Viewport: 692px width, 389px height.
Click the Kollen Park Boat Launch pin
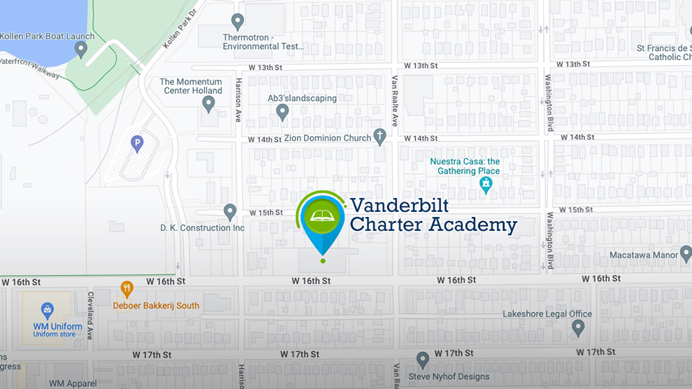click(81, 50)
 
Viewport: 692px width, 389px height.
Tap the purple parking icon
click(138, 144)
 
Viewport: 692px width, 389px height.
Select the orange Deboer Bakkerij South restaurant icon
click(127, 288)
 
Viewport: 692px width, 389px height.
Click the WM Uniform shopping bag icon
click(47, 309)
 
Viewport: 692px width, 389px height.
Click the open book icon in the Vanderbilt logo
click(322, 215)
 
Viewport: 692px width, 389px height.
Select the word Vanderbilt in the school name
click(399, 205)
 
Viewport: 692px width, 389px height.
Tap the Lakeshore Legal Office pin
click(578, 327)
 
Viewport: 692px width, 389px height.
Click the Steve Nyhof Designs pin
click(422, 360)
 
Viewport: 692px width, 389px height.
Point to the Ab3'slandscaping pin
click(282, 111)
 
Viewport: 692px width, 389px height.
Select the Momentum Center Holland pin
click(208, 104)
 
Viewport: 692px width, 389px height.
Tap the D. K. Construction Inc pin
click(229, 211)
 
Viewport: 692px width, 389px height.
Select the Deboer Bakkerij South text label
click(156, 305)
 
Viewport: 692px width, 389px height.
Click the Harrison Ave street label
click(238, 100)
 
